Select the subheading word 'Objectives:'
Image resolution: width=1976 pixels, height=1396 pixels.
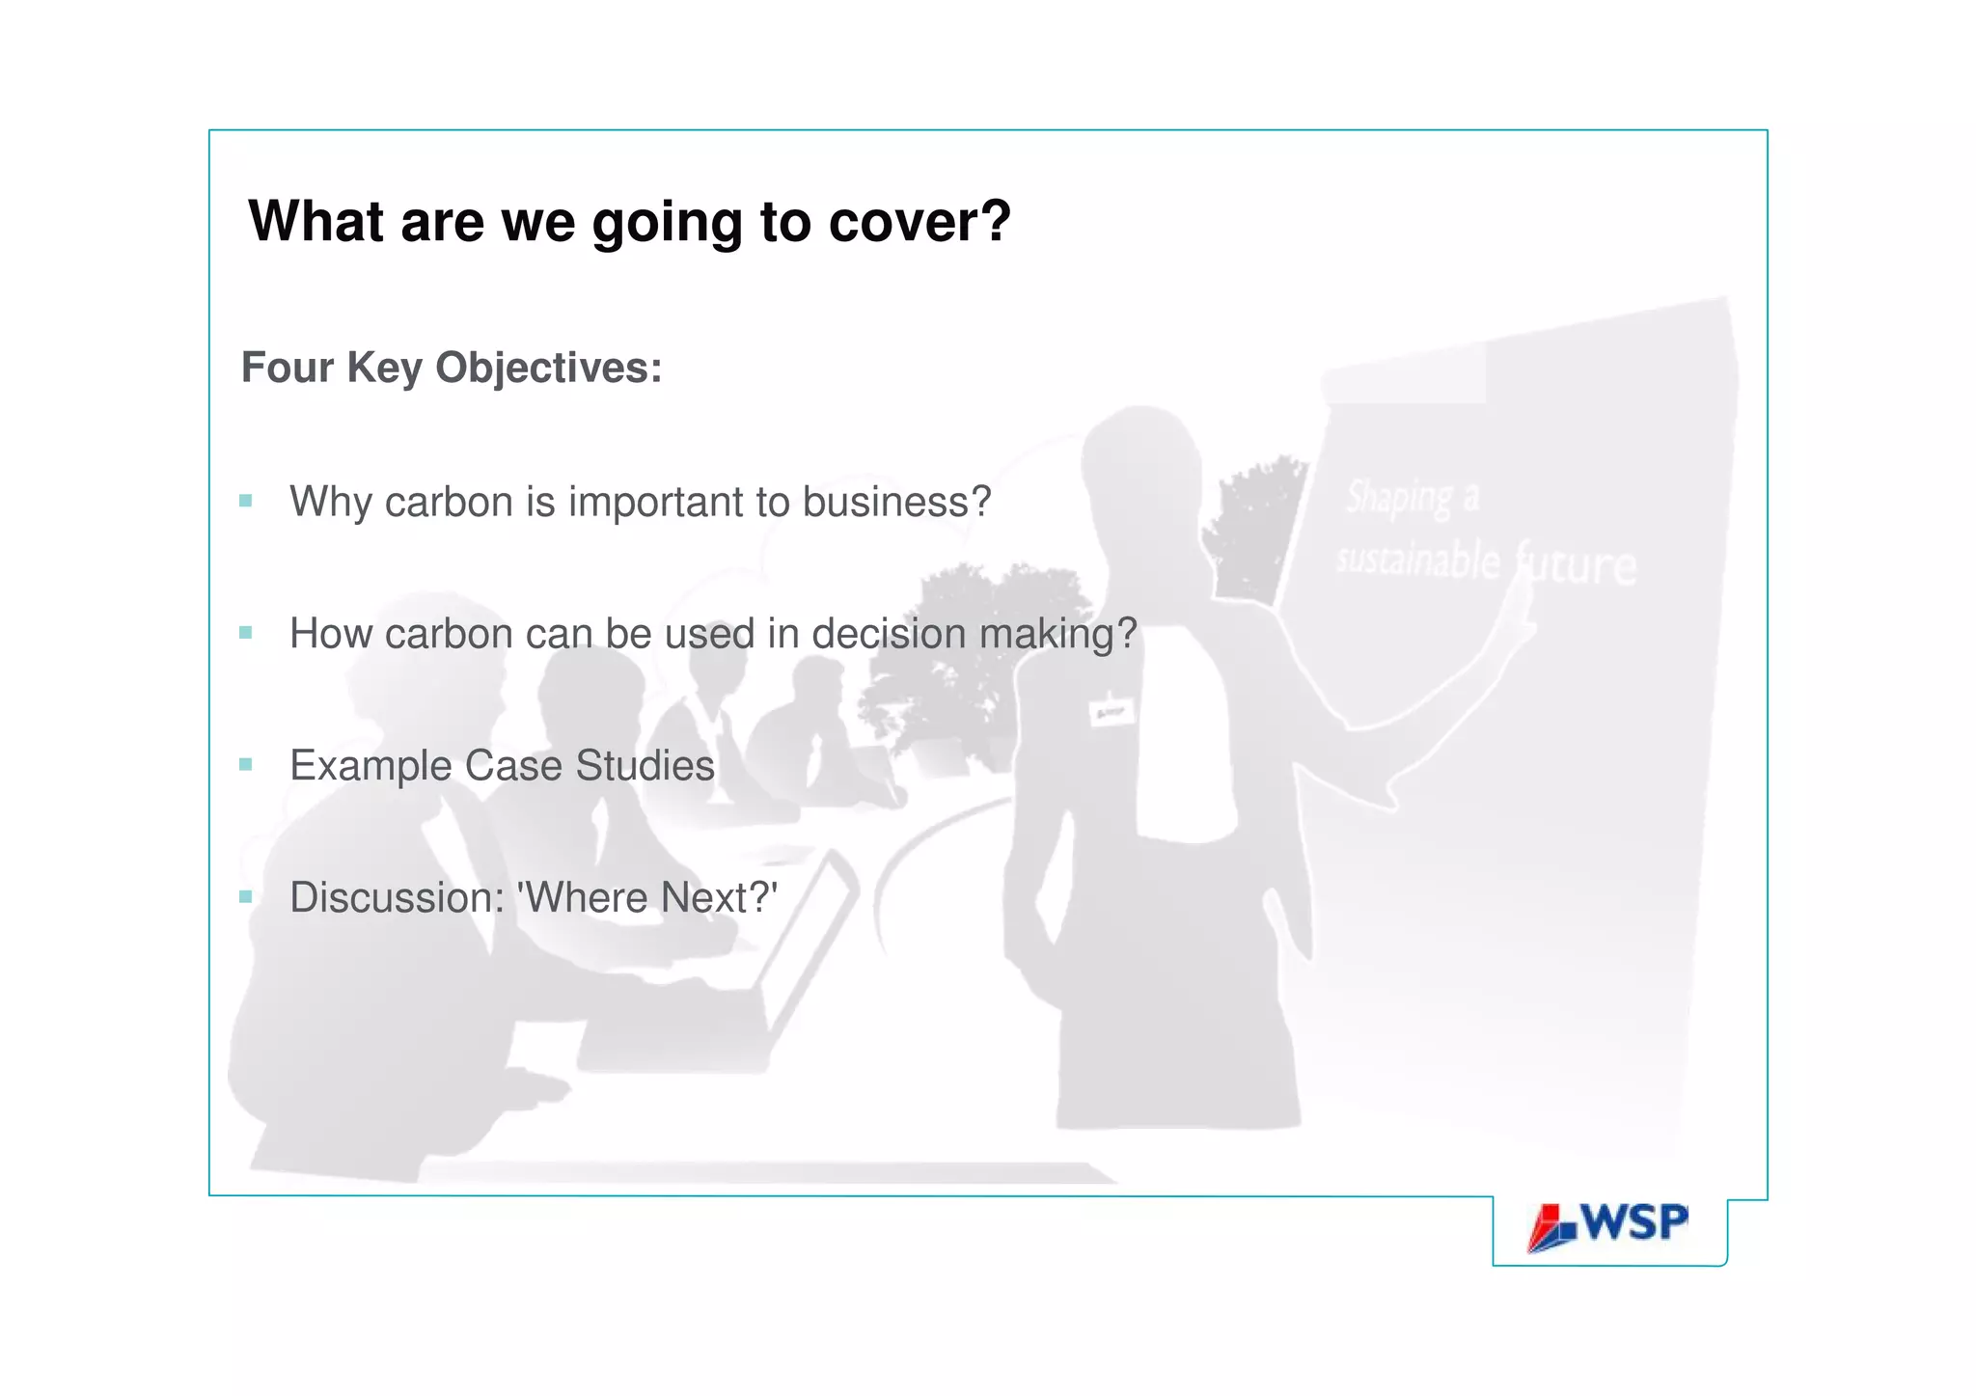(548, 368)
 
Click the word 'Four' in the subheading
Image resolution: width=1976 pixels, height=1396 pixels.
(287, 368)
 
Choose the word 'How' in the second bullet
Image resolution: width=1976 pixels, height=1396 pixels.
(330, 634)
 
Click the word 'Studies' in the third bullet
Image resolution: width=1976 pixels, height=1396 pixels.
(645, 766)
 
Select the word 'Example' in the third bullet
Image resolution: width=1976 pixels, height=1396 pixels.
(370, 766)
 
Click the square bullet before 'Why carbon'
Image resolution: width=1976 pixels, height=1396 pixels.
(246, 501)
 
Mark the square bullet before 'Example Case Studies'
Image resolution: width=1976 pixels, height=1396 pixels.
(246, 765)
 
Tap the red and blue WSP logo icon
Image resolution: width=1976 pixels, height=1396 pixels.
(1551, 1228)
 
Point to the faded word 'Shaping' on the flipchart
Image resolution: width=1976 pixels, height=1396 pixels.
(1399, 498)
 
